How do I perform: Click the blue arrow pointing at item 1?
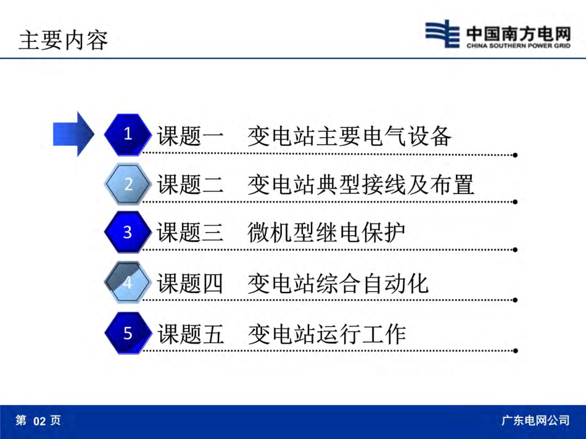tap(73, 134)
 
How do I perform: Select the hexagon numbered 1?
tap(128, 134)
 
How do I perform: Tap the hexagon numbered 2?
tap(128, 183)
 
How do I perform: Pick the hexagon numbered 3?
tap(128, 233)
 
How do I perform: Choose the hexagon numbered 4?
tap(128, 283)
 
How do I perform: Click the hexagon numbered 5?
tap(128, 334)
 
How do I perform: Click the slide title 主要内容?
tap(64, 40)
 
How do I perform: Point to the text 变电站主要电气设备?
tap(349, 136)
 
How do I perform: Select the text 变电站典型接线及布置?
tap(361, 185)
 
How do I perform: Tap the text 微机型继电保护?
tap(326, 234)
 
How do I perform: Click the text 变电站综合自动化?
tap(338, 284)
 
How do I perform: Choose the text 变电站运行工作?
tap(326, 334)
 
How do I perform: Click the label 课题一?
tap(191, 136)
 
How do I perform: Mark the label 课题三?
tap(191, 234)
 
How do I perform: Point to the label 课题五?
tap(191, 334)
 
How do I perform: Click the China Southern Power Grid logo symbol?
tap(442, 33)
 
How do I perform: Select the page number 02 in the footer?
tap(39, 421)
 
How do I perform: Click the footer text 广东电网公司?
tap(535, 421)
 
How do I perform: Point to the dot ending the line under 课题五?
tap(515, 350)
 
